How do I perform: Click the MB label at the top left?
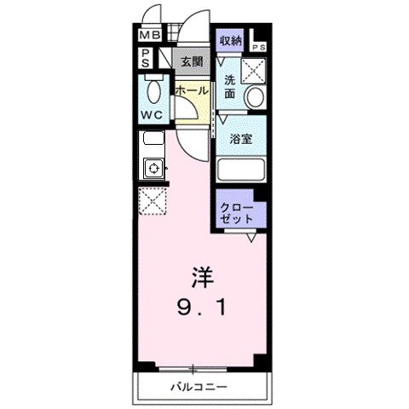(149, 36)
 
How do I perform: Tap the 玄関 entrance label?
(191, 61)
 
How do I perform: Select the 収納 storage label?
(230, 40)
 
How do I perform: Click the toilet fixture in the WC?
(153, 89)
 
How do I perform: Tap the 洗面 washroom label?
(230, 88)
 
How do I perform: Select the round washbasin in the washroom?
(254, 98)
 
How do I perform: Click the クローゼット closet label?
(237, 213)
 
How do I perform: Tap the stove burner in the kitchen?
(153, 167)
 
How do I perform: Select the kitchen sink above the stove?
(153, 140)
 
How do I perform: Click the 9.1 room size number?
(201, 307)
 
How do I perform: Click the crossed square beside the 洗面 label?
(255, 70)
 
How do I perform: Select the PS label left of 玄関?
(147, 58)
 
